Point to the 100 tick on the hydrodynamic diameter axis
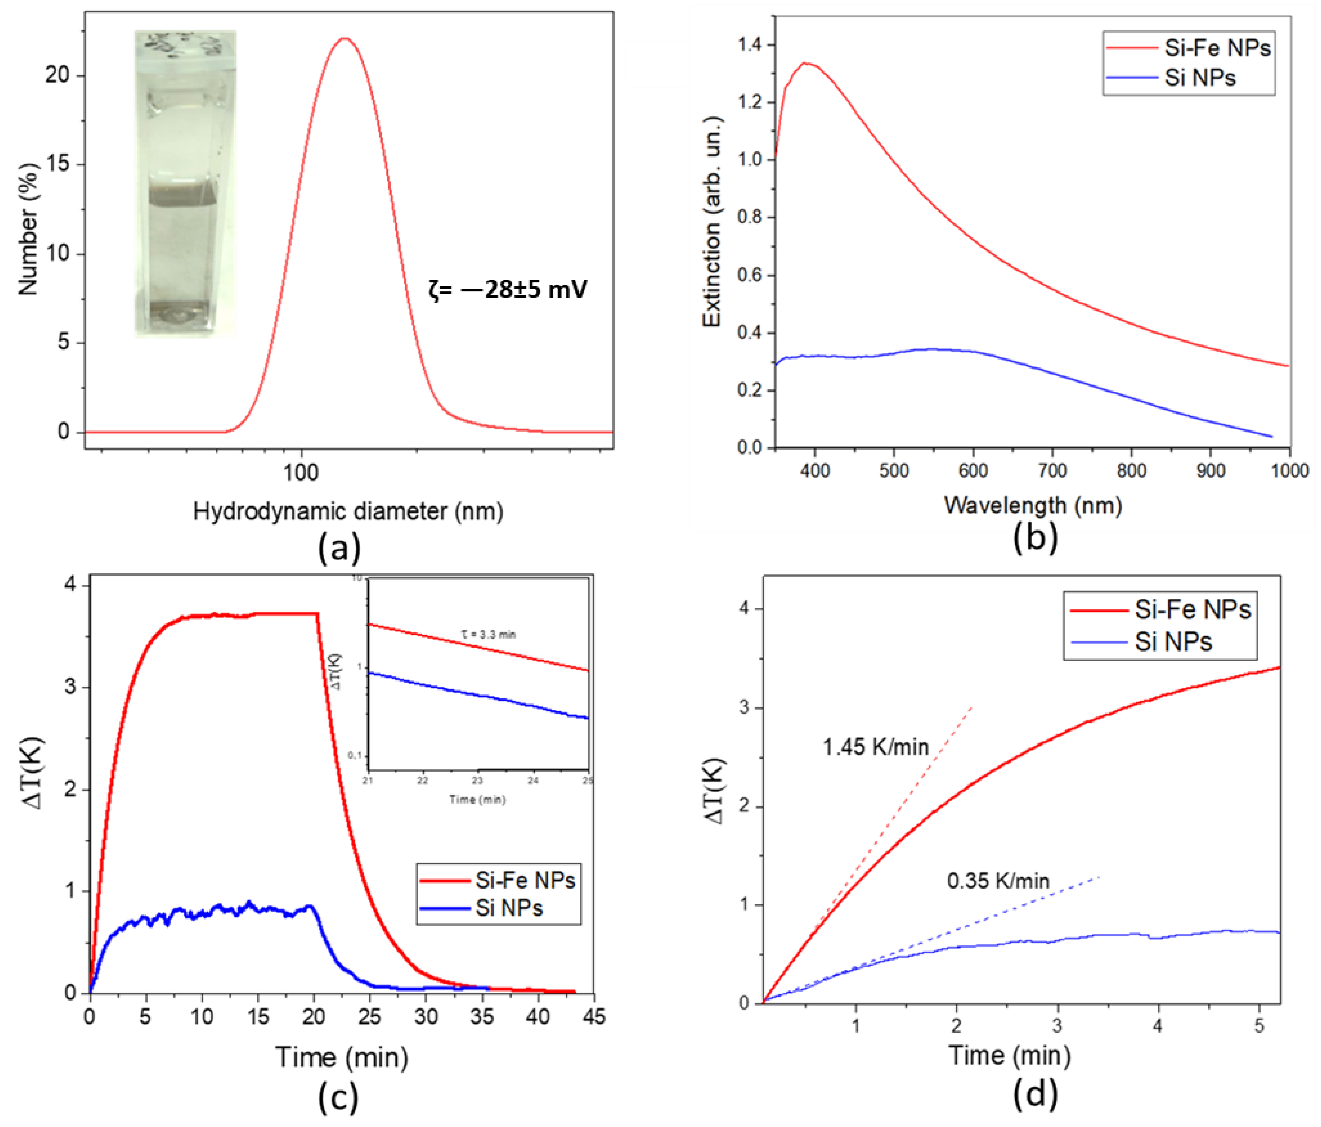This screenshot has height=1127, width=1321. (300, 472)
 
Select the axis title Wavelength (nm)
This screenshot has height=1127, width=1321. (1033, 505)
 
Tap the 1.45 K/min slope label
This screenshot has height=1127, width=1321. (875, 747)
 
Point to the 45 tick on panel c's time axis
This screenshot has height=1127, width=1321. (593, 1016)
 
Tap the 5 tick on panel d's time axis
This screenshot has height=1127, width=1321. (1259, 1026)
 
